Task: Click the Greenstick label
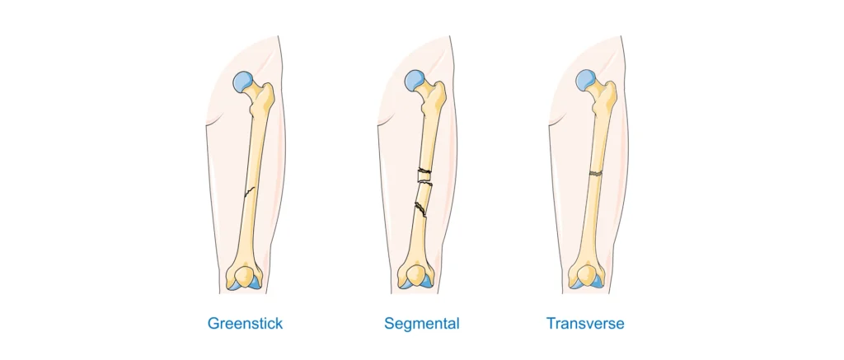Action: click(x=245, y=324)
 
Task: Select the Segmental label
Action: click(x=419, y=324)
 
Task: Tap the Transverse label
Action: click(x=587, y=324)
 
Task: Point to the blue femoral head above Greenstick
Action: click(x=243, y=82)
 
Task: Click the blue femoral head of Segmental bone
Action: click(x=415, y=81)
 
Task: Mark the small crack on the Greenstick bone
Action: click(x=248, y=192)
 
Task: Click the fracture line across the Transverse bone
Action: click(x=595, y=173)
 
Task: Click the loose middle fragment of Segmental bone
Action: click(x=424, y=190)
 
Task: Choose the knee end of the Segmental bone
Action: click(x=415, y=276)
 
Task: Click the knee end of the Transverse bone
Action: click(x=587, y=276)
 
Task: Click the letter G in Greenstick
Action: click(x=213, y=324)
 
